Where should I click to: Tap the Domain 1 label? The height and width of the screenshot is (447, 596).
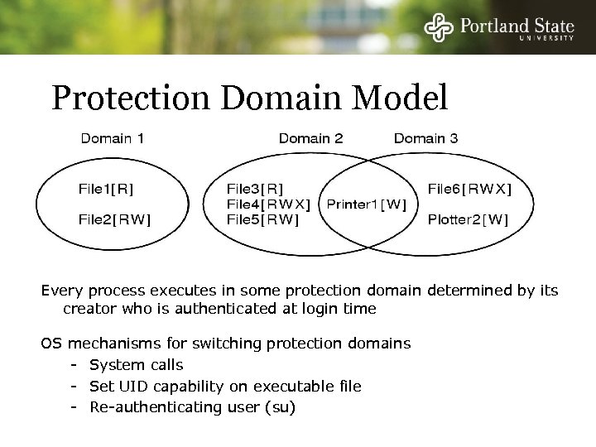(x=113, y=138)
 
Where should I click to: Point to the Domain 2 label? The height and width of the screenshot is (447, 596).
(x=310, y=138)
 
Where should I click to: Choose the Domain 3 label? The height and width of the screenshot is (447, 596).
(x=425, y=138)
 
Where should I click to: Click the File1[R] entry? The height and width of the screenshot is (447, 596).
(x=106, y=188)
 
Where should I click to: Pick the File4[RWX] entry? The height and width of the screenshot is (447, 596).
(x=268, y=204)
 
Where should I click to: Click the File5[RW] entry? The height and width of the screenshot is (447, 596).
(x=262, y=219)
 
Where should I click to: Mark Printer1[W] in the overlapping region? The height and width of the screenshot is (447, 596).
(x=367, y=204)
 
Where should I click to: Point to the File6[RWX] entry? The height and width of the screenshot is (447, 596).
(x=469, y=188)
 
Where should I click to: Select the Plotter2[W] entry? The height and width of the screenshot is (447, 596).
(x=468, y=219)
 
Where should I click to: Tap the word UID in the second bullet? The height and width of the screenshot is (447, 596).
(x=131, y=387)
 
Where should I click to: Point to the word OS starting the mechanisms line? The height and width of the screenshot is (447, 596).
(x=51, y=343)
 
